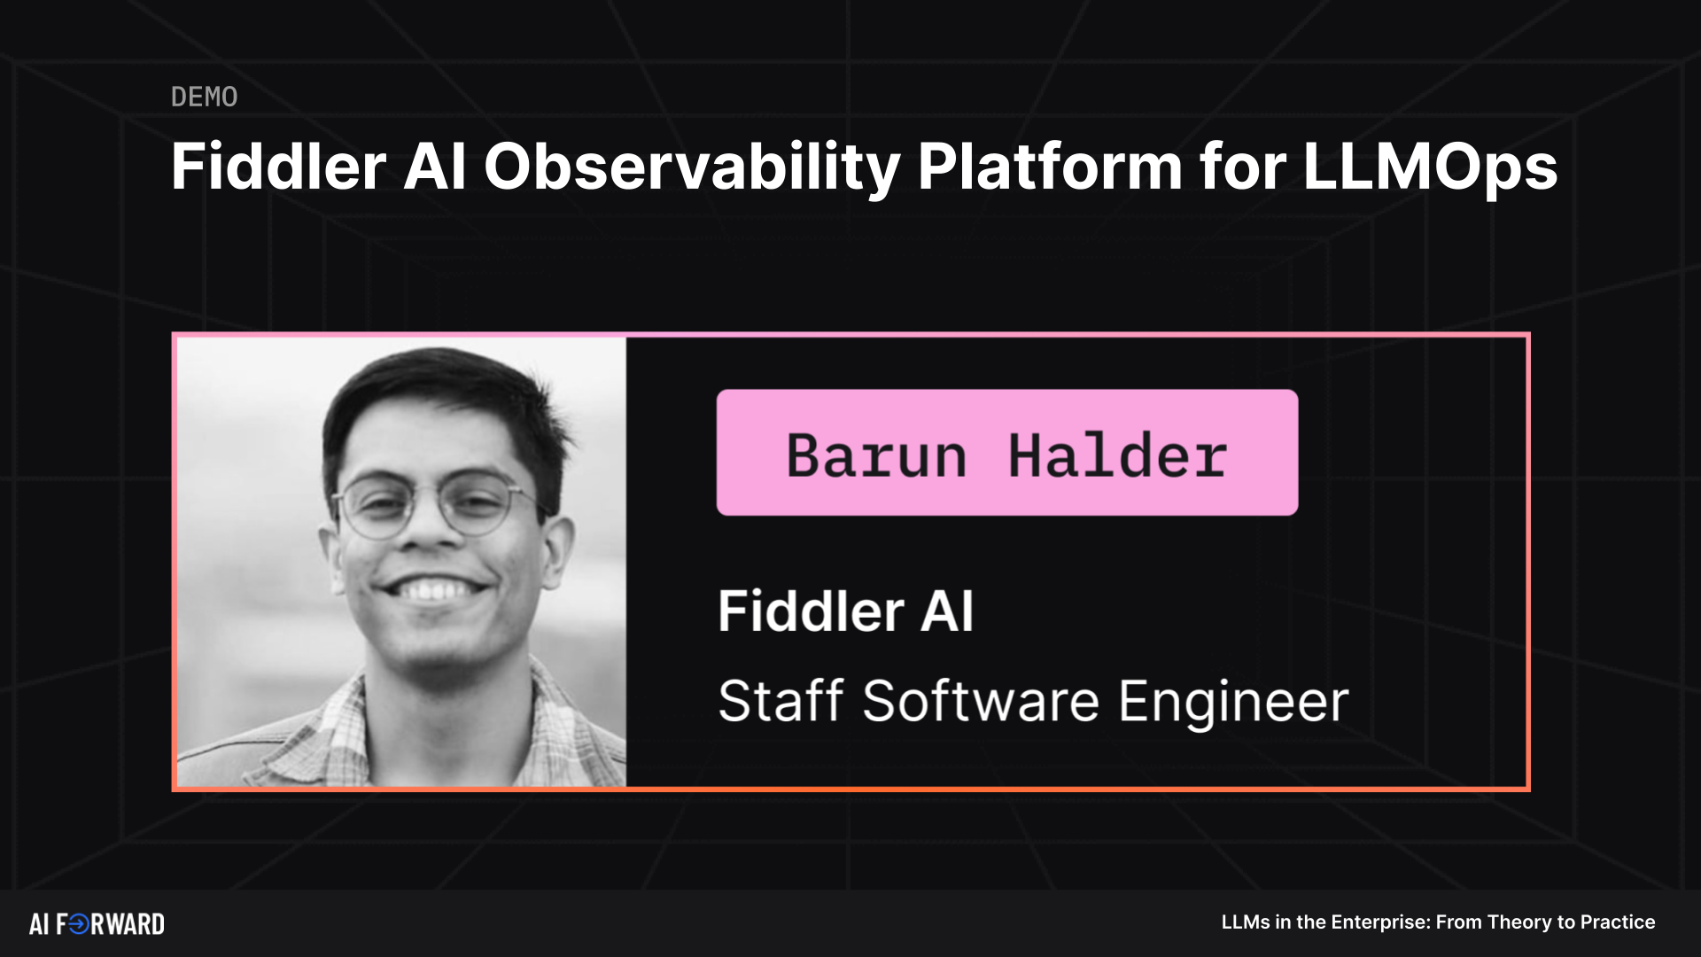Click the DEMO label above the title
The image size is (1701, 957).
point(204,97)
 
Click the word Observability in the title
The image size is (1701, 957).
point(691,167)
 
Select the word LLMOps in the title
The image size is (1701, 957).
point(1429,167)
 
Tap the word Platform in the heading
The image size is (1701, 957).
point(1050,167)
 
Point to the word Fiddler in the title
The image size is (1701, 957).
point(278,167)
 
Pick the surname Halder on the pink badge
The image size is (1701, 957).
point(1117,455)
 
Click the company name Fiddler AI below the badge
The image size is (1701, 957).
point(845,611)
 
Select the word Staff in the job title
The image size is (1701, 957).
point(780,701)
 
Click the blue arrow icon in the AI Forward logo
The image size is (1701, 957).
point(79,924)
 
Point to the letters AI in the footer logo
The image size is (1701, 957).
point(39,924)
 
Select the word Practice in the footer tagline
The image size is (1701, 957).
point(1618,922)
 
